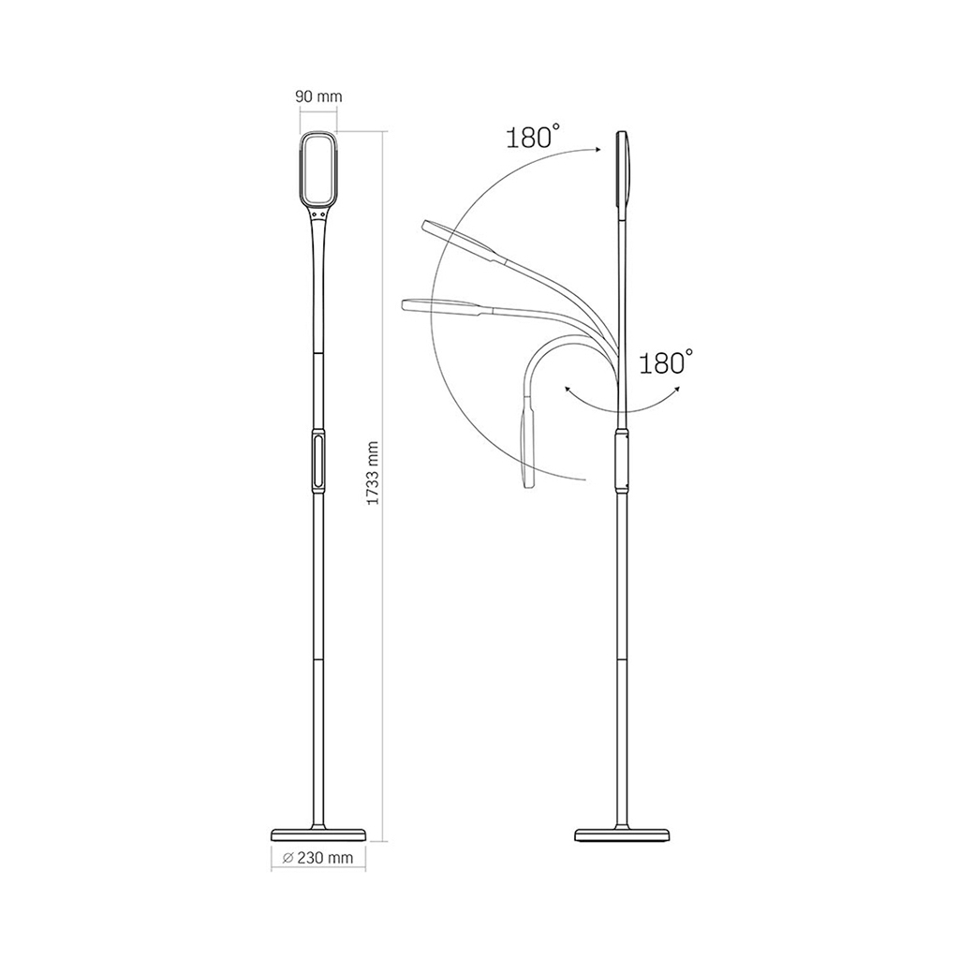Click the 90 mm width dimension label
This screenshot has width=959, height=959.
click(x=318, y=96)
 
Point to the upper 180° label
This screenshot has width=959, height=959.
click(x=533, y=137)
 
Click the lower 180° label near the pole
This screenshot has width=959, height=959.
click(x=666, y=361)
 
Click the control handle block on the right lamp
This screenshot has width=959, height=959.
click(x=623, y=460)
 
